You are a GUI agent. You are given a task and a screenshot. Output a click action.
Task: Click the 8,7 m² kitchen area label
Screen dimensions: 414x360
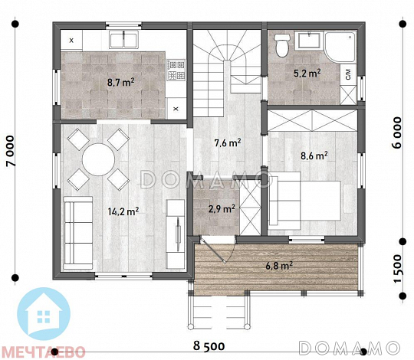pos(120,82)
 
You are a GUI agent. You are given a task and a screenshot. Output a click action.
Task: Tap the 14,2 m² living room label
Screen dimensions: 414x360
pos(123,211)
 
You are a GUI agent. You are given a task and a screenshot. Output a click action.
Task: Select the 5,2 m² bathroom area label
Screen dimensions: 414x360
pos(307,73)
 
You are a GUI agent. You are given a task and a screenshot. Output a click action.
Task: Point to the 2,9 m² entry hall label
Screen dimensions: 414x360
pos(222,209)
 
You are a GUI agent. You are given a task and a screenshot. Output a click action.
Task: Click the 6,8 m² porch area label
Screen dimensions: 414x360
pos(279,266)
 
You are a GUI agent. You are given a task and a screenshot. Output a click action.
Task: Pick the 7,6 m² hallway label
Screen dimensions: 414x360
pos(228,143)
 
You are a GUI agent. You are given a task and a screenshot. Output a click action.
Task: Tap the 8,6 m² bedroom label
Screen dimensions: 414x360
pos(314,155)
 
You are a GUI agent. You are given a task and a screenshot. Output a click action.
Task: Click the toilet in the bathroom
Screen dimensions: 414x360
pos(282,45)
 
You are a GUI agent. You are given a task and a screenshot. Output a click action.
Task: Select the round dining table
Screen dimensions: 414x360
pos(98,159)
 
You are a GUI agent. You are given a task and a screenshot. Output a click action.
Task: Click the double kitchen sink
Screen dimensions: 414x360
pos(124,40)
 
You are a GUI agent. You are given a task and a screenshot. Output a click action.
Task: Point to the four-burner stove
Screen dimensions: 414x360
pos(176,70)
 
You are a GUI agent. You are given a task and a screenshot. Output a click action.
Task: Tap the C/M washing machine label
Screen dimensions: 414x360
pos(349,74)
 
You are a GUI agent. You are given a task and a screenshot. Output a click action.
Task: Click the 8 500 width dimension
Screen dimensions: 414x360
pos(209,345)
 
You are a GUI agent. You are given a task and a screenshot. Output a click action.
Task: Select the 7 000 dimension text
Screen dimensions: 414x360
pos(11,151)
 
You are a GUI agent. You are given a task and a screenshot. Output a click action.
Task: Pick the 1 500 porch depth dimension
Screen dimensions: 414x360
pos(397,269)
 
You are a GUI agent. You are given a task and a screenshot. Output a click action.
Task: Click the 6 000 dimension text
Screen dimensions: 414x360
pos(397,133)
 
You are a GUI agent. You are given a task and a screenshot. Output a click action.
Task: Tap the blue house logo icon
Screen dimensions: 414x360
pos(44,313)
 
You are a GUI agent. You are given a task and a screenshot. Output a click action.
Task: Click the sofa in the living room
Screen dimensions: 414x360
pos(78,233)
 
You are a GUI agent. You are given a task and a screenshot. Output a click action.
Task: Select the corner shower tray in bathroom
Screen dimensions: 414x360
pos(340,47)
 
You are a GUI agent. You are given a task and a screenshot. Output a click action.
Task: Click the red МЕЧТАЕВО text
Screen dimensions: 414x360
pos(44,352)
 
